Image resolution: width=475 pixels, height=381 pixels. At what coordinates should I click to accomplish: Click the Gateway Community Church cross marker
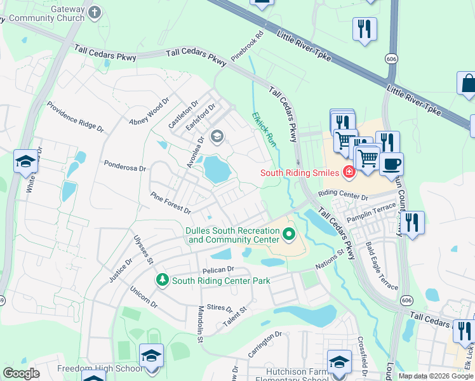tap(94, 12)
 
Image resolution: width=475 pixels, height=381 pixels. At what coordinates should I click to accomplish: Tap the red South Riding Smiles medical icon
tap(348, 171)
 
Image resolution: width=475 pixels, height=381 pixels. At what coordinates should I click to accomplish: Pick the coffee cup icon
tap(391, 164)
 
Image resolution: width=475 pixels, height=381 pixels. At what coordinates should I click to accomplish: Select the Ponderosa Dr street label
tap(125, 166)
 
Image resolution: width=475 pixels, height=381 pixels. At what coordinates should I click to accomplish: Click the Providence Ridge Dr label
tap(75, 117)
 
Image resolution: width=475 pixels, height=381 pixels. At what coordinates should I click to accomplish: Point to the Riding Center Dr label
tap(343, 194)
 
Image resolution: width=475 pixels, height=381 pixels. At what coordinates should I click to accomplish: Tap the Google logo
tap(22, 373)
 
